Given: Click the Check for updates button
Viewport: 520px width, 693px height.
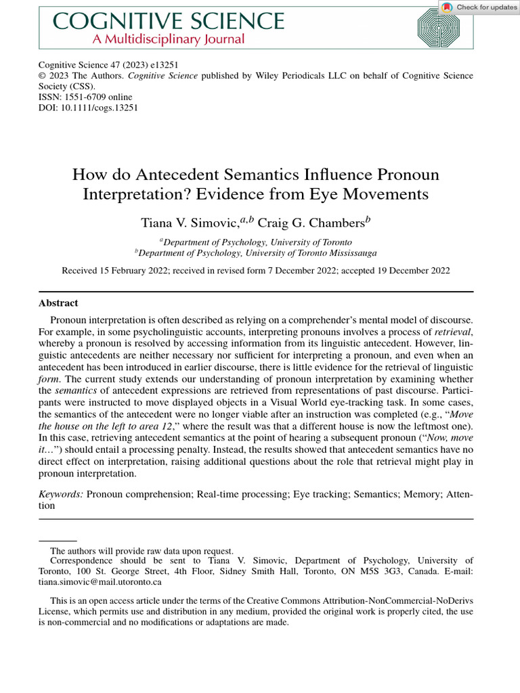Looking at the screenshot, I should (479, 7).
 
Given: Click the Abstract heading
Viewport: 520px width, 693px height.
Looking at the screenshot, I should (58, 303).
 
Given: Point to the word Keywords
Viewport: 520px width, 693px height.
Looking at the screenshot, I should (61, 495).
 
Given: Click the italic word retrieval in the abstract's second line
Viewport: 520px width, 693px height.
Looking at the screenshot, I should (454, 332).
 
